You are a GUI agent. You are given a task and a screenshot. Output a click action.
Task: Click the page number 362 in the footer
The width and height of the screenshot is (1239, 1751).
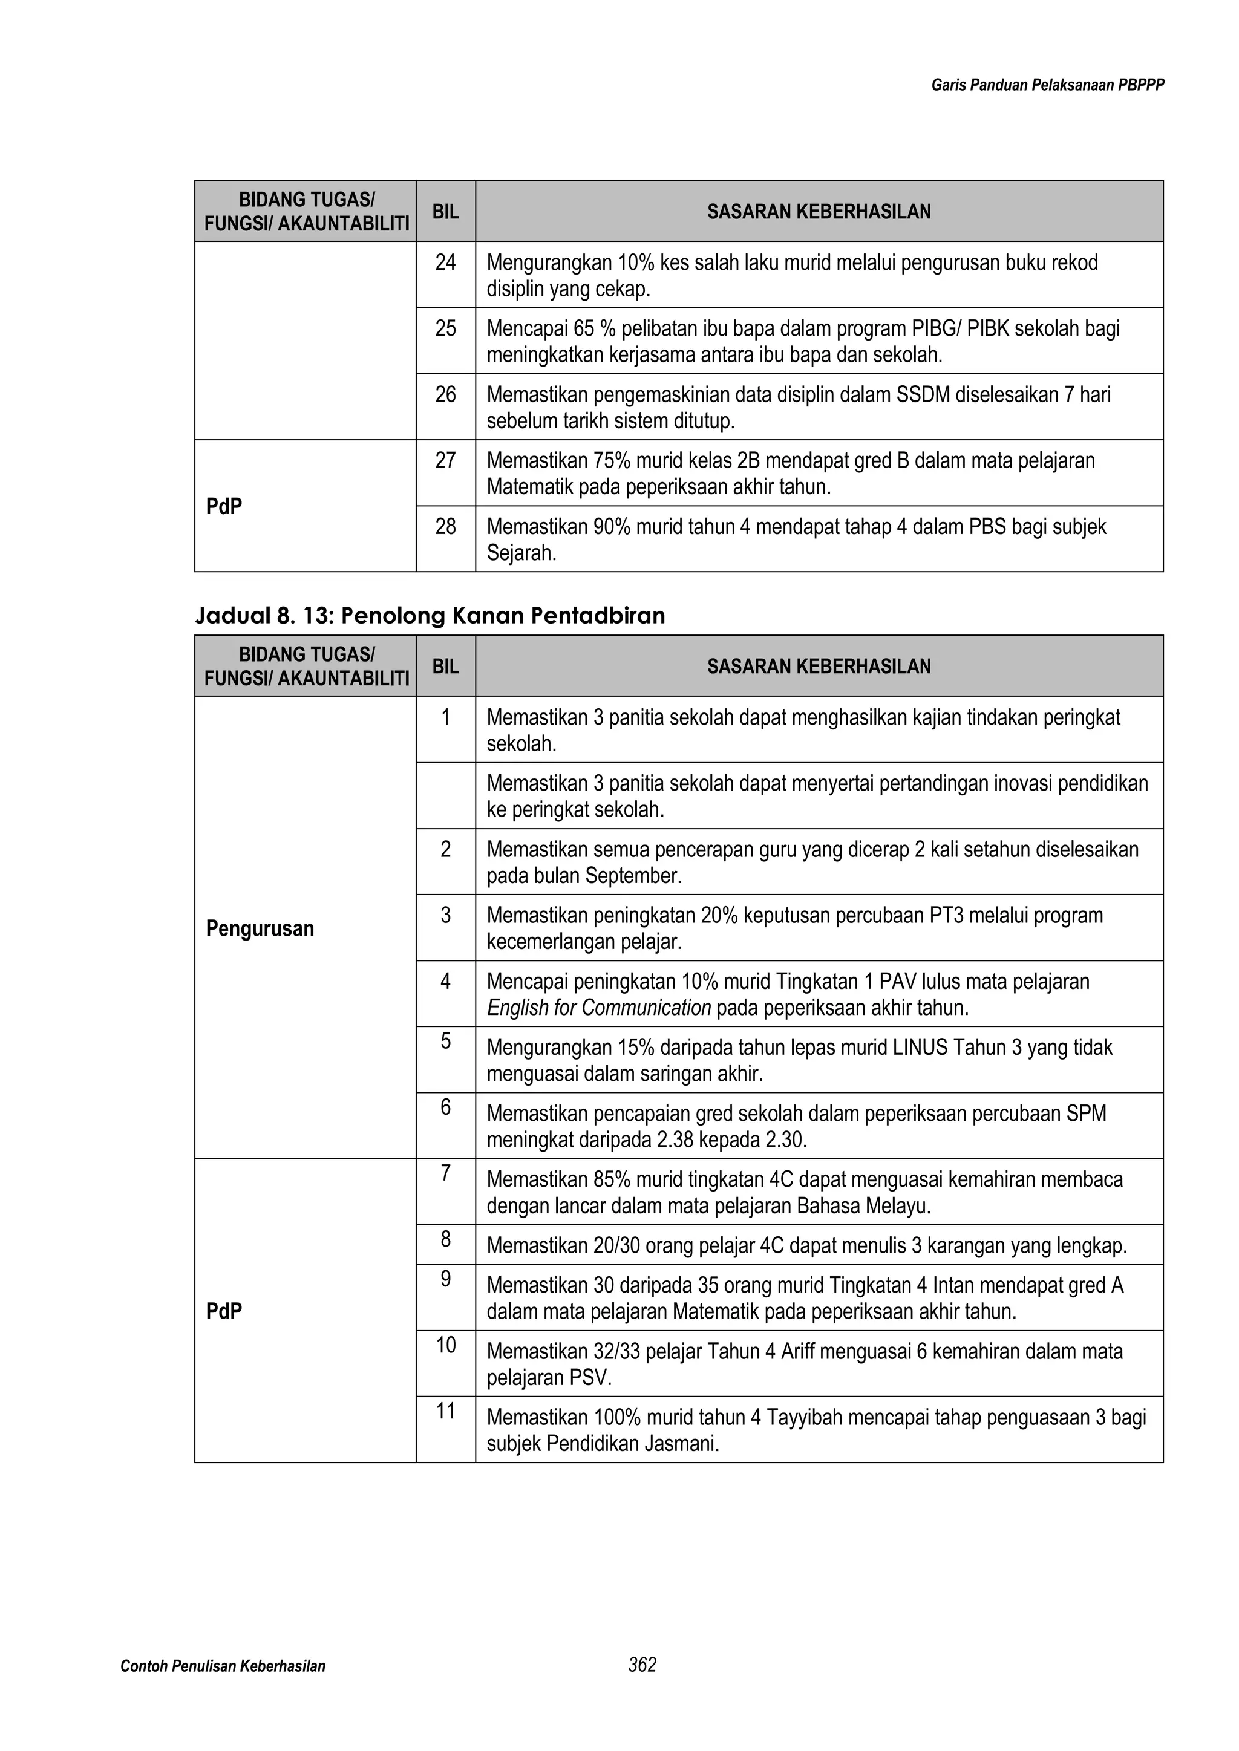[642, 1665]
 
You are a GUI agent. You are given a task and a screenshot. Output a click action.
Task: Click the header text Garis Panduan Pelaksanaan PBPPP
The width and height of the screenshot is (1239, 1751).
[1047, 85]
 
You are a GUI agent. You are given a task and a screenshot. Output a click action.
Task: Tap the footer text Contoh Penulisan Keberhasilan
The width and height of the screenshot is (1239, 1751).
[223, 1666]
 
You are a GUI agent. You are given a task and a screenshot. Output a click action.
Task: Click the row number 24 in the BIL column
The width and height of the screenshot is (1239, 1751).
[445, 262]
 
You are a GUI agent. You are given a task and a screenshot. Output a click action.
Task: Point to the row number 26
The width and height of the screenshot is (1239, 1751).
[445, 394]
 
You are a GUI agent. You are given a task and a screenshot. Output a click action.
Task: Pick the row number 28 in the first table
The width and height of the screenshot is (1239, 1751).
[445, 526]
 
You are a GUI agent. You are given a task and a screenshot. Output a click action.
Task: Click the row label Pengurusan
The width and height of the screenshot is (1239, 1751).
[260, 928]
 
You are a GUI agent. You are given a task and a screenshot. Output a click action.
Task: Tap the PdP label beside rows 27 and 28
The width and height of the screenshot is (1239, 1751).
[223, 506]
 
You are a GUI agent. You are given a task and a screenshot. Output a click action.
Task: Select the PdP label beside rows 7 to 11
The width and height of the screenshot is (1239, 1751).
[223, 1312]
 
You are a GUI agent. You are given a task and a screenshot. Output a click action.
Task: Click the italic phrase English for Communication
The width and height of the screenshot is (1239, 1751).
[599, 1008]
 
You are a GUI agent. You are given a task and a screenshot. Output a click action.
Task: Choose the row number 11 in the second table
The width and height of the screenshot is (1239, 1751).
[445, 1411]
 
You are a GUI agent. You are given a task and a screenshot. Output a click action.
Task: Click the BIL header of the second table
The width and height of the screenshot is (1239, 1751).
[445, 667]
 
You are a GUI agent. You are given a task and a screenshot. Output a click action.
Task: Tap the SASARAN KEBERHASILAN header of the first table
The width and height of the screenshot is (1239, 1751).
[819, 212]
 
